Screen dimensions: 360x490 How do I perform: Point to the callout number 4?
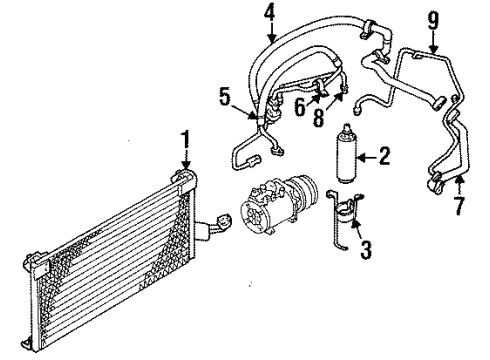268,13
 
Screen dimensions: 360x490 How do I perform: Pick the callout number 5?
225,97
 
